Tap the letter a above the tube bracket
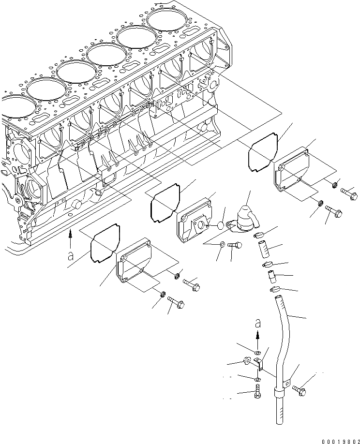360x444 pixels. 257,322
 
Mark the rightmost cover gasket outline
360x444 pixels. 264,151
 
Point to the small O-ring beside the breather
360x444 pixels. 220,225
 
